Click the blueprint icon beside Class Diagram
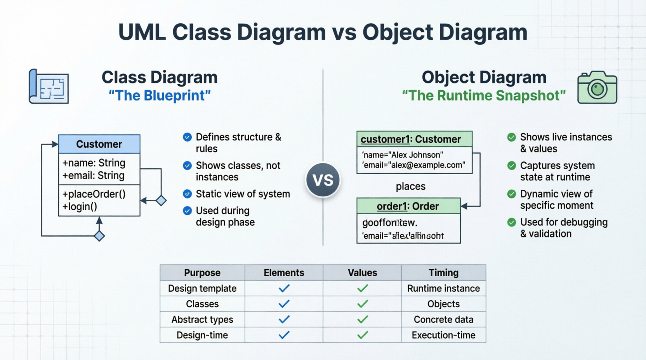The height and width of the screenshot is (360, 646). click(x=49, y=87)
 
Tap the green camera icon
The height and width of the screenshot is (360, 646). click(x=597, y=87)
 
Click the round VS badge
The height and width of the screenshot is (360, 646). click(x=323, y=180)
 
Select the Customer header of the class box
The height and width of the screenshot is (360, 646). click(x=99, y=144)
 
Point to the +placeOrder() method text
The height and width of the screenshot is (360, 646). click(x=94, y=194)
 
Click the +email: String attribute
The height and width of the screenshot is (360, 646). click(x=94, y=175)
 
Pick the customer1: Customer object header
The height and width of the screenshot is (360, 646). click(x=411, y=139)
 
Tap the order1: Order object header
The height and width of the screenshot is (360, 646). click(x=408, y=206)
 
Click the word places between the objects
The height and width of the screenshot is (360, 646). click(x=410, y=187)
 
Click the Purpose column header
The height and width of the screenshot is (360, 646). click(x=202, y=273)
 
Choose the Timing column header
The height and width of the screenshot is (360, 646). click(x=443, y=273)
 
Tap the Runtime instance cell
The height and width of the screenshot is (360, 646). click(x=443, y=288)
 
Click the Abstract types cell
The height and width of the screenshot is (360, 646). click(x=202, y=319)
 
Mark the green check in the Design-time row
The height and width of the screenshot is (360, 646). click(x=362, y=335)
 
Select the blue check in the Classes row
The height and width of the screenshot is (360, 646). click(x=284, y=304)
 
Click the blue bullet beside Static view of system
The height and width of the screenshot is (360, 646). click(x=187, y=194)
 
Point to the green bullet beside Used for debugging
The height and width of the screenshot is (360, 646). click(x=512, y=222)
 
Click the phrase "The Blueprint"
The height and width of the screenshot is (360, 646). click(x=160, y=95)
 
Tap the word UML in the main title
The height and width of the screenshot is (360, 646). click(x=142, y=32)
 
